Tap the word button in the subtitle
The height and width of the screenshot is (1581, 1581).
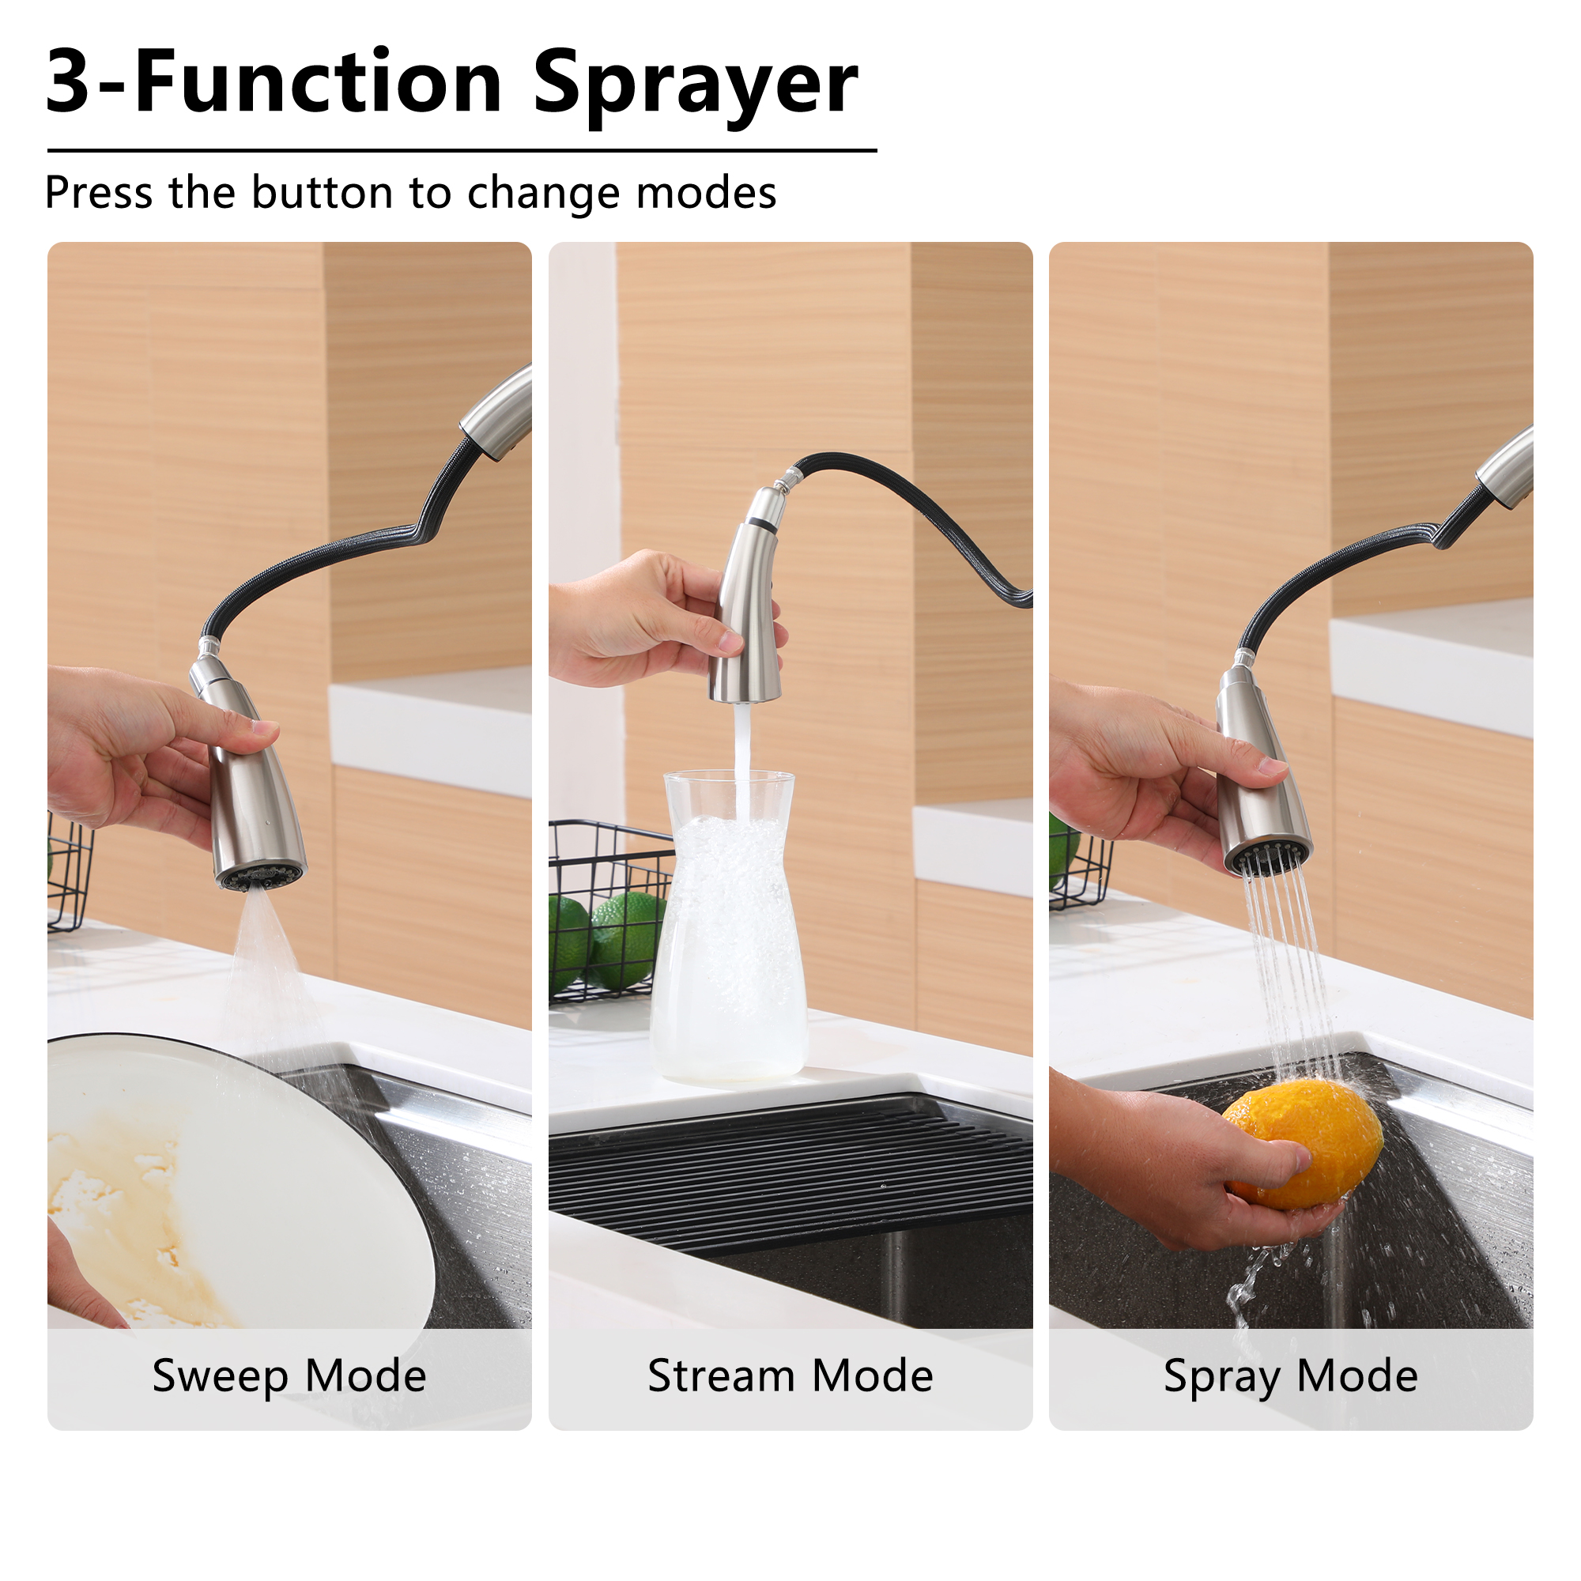[323, 193]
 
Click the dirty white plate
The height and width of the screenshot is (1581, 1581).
[237, 1187]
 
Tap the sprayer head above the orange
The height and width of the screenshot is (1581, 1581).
[1260, 777]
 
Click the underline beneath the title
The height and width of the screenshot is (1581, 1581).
[462, 150]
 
